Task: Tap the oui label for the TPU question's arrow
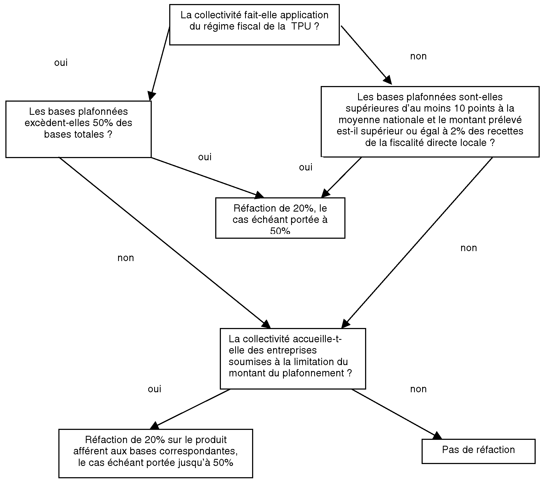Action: [61, 63]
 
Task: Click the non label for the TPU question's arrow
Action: [418, 56]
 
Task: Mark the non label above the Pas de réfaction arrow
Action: [418, 389]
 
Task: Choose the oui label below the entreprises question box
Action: [154, 389]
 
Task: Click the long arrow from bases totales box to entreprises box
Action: [165, 243]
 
